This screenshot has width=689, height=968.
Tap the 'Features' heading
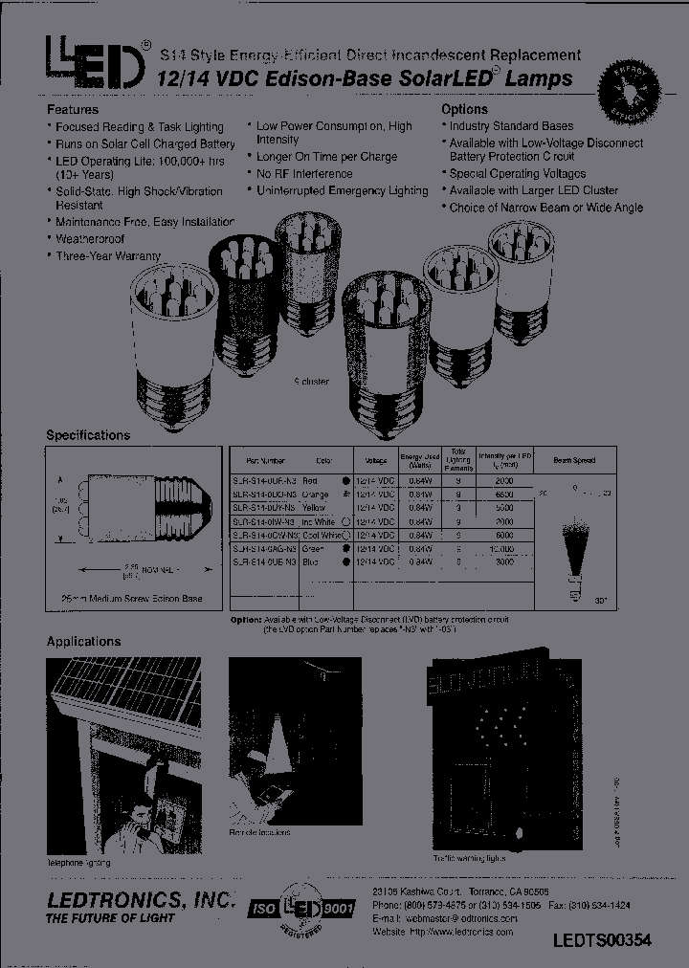(73, 109)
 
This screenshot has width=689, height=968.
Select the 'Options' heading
(465, 109)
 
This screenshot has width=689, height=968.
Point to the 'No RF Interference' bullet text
(304, 174)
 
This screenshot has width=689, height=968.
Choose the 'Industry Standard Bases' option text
(511, 125)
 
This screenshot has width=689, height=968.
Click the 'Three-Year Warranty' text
(107, 256)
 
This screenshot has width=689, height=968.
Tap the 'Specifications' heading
(88, 435)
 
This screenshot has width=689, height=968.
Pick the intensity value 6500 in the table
(504, 495)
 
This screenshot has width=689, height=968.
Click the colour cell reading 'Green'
(313, 550)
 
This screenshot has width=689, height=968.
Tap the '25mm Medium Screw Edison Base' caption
(133, 600)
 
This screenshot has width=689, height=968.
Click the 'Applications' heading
(84, 642)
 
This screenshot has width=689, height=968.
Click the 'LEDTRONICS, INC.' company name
(141, 901)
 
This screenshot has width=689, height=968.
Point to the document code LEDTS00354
(602, 940)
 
